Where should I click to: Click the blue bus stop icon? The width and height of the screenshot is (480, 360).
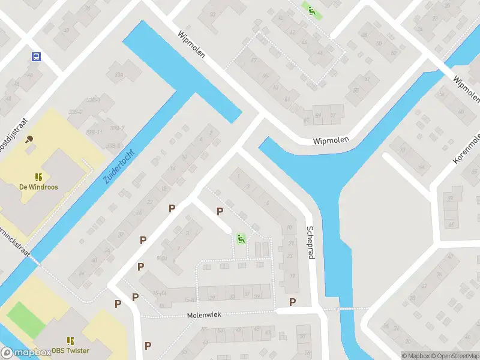(37, 57)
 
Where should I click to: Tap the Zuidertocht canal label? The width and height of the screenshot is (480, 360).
(119, 166)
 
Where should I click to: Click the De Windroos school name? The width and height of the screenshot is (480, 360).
(38, 187)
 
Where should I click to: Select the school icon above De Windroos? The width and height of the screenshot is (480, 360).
(38, 177)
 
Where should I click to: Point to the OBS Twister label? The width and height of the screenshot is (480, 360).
(70, 351)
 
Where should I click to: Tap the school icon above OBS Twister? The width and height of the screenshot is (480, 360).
(70, 341)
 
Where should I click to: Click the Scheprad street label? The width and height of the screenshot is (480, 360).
(310, 242)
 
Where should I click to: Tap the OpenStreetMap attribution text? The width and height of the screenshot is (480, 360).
(454, 356)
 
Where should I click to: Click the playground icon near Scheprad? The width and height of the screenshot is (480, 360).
(241, 239)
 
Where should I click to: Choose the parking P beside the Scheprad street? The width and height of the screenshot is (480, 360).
(292, 302)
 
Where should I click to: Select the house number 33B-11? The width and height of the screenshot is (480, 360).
(94, 132)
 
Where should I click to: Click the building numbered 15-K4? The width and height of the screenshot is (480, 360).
(159, 292)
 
